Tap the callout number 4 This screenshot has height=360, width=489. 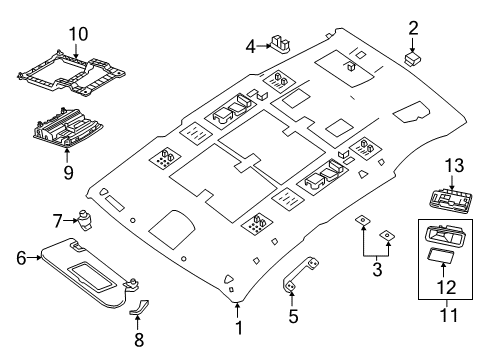(x=251, y=44)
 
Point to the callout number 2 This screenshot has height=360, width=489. (x=411, y=29)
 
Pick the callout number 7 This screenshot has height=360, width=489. (x=57, y=220)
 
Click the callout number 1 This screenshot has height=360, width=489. (x=237, y=328)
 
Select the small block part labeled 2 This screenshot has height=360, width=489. (x=411, y=60)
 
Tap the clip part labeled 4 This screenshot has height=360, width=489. (x=283, y=43)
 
